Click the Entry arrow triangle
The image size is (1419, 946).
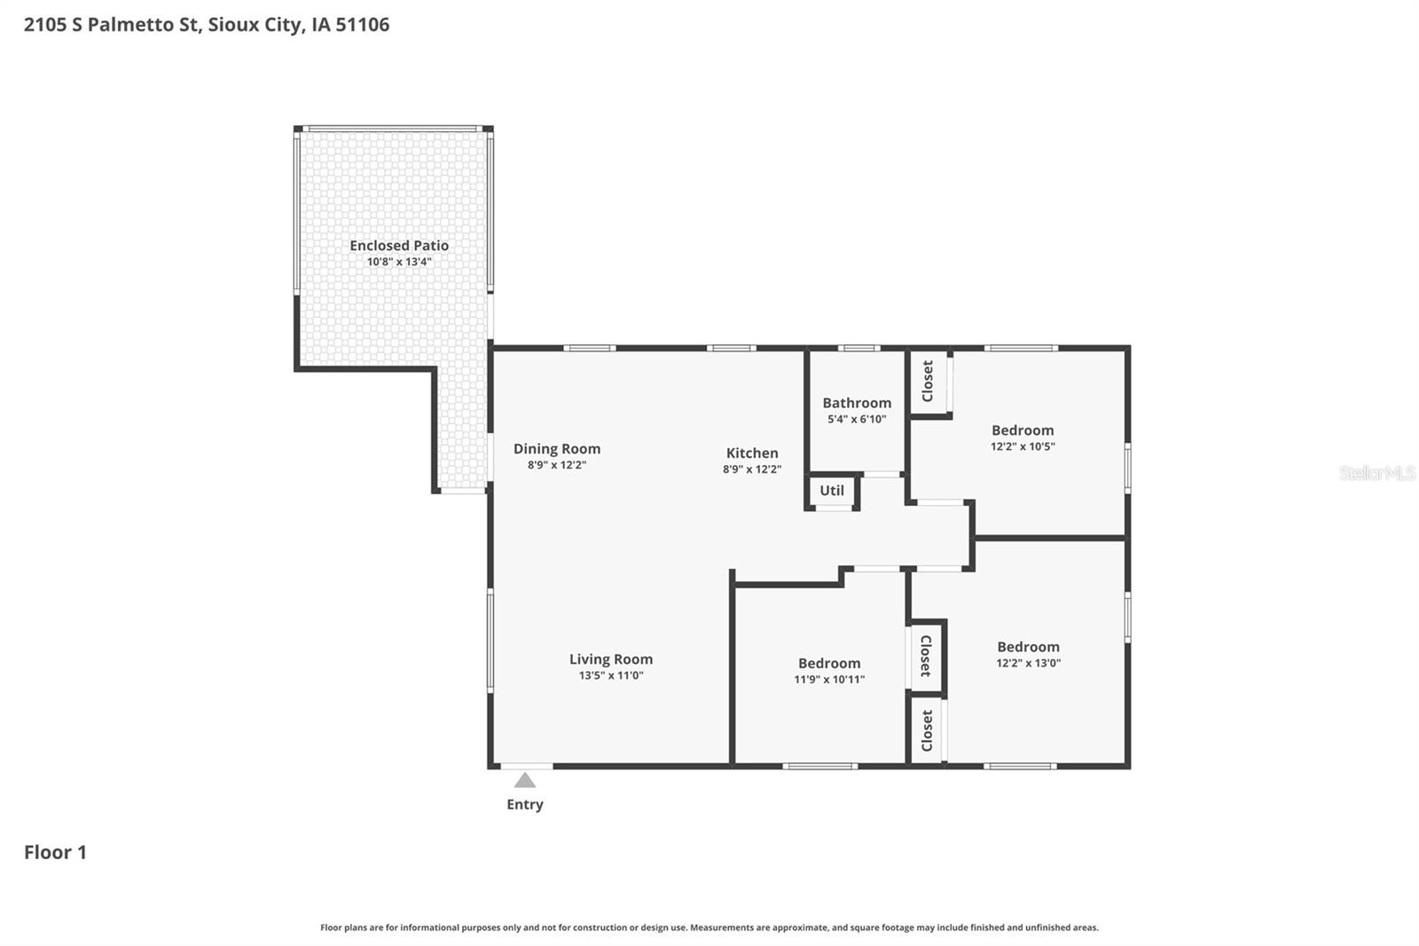click(x=525, y=781)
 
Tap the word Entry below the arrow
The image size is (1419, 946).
click(x=525, y=805)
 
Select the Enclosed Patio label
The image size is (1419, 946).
click(x=399, y=246)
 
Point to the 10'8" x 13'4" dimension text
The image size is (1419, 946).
click(x=399, y=262)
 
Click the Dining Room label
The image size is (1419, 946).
click(x=557, y=449)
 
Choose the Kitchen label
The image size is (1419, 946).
click(x=752, y=453)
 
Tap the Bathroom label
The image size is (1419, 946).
click(x=857, y=403)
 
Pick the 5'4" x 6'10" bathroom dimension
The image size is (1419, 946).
click(x=857, y=419)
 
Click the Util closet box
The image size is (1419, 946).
click(x=832, y=491)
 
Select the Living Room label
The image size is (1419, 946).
click(x=611, y=659)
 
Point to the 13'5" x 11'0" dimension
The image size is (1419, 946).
click(x=611, y=675)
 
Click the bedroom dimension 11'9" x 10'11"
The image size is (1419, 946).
click(x=829, y=680)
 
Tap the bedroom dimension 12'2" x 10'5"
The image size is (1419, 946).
click(x=1023, y=446)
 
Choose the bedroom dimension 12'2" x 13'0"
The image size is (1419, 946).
click(x=1028, y=663)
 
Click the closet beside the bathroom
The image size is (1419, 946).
click(x=928, y=382)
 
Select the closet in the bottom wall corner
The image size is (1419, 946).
click(x=927, y=730)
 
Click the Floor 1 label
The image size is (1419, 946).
click(x=55, y=853)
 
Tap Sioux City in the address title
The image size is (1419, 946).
click(x=254, y=25)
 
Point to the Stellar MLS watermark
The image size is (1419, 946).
click(x=1376, y=473)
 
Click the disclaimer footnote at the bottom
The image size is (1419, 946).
click(x=709, y=927)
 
